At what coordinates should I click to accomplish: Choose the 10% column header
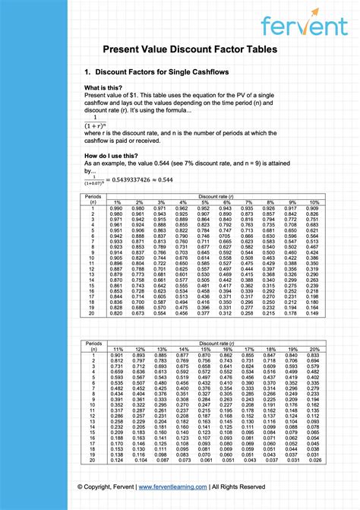pyautogui.click(x=312, y=202)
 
